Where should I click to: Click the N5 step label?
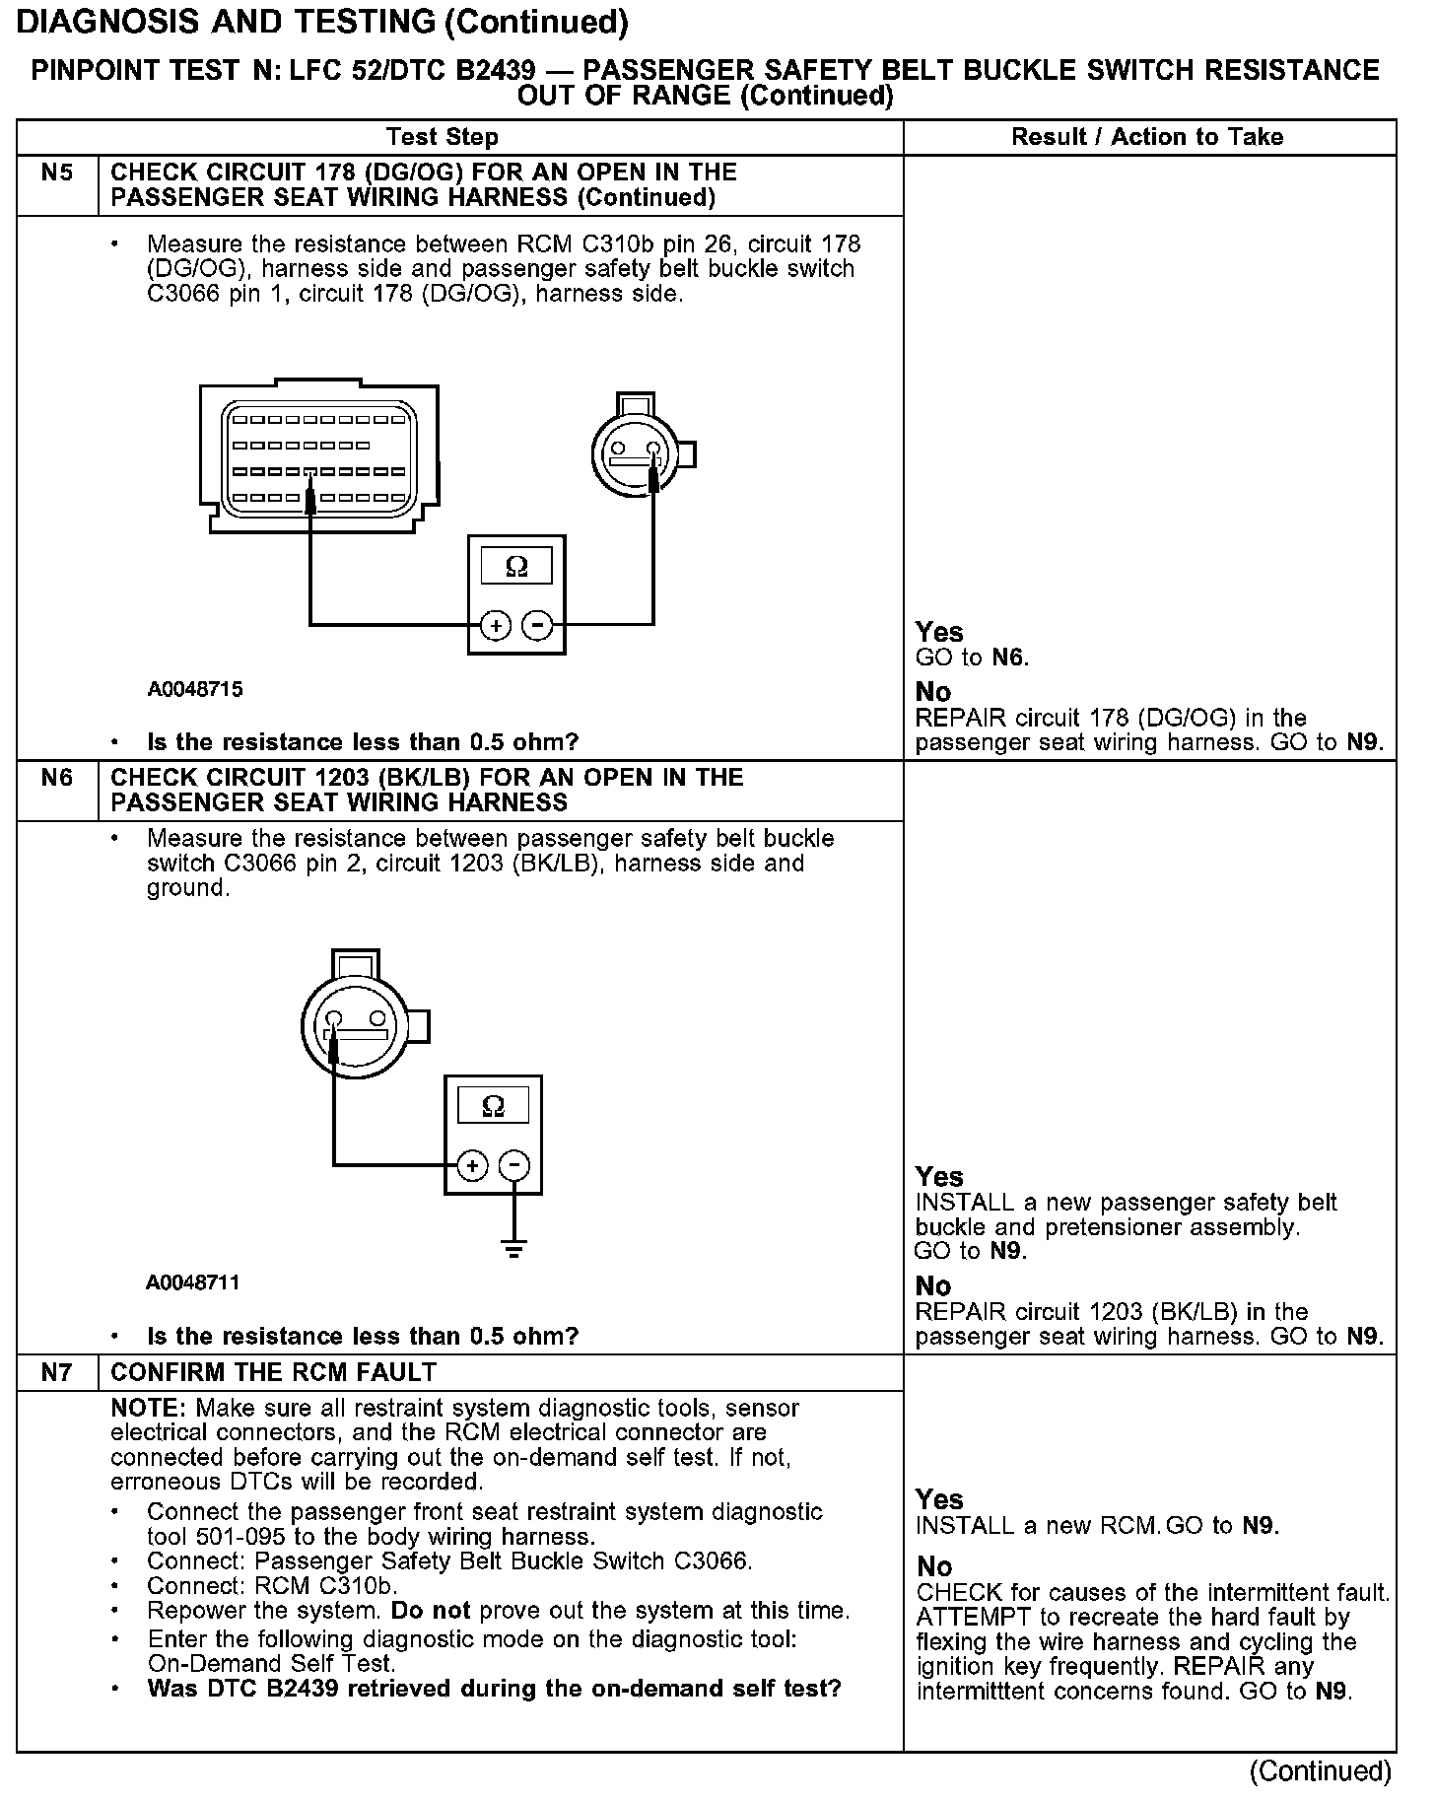pos(57,173)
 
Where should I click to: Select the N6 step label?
pos(57,779)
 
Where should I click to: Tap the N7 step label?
pos(57,1372)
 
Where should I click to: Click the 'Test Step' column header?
pos(443,137)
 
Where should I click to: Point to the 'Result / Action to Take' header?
pos(1147,137)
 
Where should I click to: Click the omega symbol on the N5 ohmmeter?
pos(515,567)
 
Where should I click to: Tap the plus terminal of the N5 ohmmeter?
pos(496,625)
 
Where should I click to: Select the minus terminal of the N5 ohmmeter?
pos(537,625)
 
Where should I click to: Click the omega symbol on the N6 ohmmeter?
pos(493,1107)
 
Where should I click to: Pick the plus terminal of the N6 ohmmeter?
pos(473,1165)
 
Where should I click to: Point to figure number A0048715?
pos(195,689)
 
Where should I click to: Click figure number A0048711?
pos(193,1282)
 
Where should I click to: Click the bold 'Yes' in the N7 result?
pos(939,1499)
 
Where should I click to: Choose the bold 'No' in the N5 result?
pos(933,692)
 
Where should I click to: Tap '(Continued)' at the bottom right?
pos(1320,1771)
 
